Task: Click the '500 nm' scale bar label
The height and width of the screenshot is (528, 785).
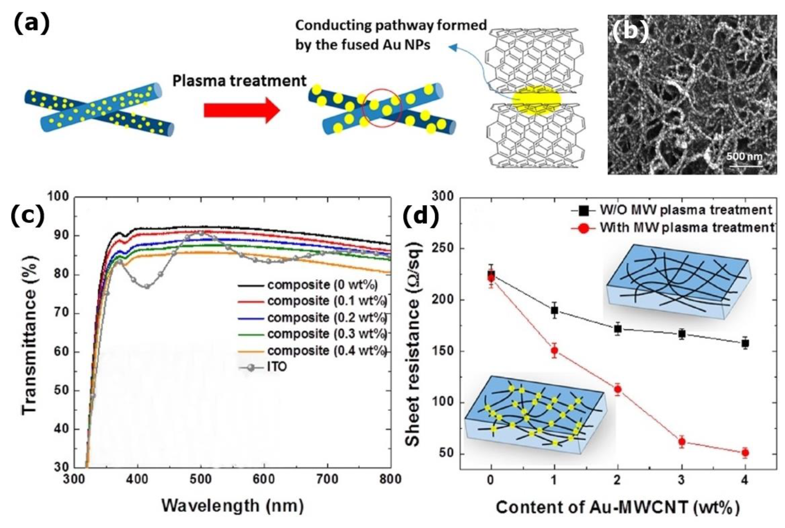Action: pyautogui.click(x=744, y=157)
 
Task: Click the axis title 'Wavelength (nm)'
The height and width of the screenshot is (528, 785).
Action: pyautogui.click(x=232, y=506)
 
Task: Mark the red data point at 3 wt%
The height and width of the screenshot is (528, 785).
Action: pyautogui.click(x=681, y=441)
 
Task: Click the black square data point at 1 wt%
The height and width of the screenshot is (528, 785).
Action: pyautogui.click(x=554, y=310)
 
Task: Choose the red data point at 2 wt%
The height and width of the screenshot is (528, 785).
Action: pyautogui.click(x=618, y=389)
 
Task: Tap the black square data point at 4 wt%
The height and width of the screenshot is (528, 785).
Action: pyautogui.click(x=745, y=343)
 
